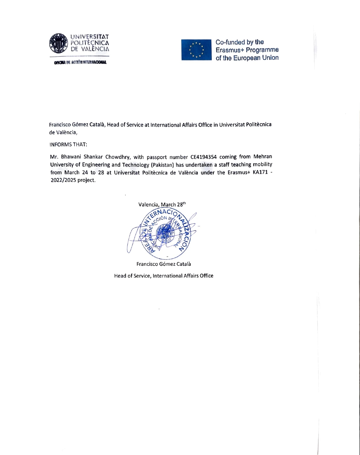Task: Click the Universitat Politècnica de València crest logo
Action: [x=59, y=43]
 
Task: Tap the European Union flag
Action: [x=197, y=50]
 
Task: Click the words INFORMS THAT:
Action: [x=68, y=144]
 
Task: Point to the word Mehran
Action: [x=263, y=157]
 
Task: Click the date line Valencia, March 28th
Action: [x=162, y=205]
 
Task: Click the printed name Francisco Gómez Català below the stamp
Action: [x=163, y=264]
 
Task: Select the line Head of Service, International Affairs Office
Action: [x=163, y=276]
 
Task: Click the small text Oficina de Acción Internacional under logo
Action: [x=80, y=62]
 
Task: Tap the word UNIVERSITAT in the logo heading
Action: [x=90, y=37]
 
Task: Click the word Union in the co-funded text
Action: [x=270, y=58]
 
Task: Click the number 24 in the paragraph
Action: [x=85, y=172]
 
